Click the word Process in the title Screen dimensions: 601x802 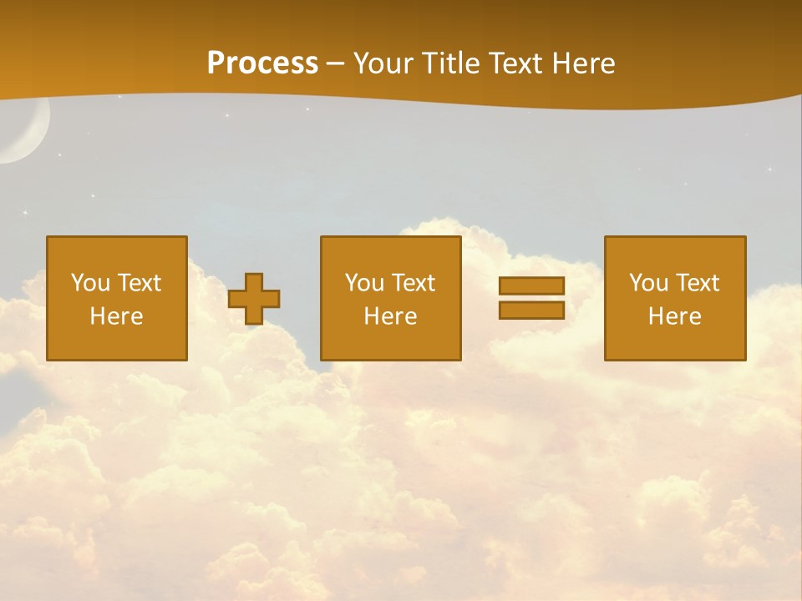point(262,63)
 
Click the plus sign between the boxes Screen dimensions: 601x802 point(254,299)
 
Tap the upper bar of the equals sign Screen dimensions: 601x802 point(531,285)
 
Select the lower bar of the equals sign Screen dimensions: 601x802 point(531,311)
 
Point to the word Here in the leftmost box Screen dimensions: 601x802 point(116,316)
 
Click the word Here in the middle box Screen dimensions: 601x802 point(390,316)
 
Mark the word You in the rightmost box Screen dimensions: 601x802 point(649,283)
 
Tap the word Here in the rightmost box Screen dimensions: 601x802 point(674,316)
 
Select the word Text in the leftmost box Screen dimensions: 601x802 point(139,283)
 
